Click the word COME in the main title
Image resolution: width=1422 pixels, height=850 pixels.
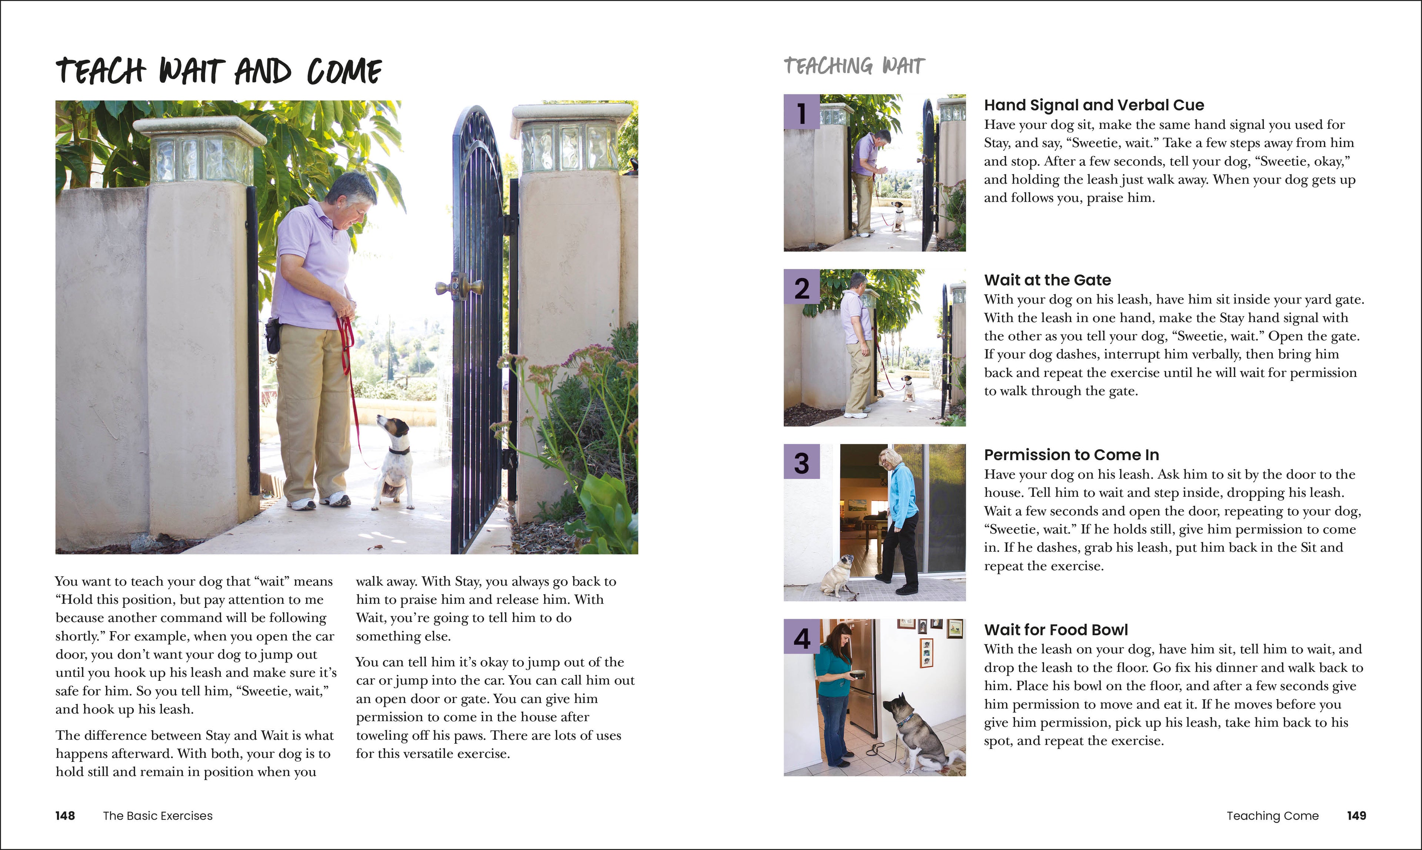click(x=344, y=72)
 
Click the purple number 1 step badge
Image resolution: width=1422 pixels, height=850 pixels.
click(x=801, y=112)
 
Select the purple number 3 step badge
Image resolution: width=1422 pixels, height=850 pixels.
click(x=801, y=462)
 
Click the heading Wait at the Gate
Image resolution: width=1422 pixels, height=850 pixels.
click(x=1047, y=280)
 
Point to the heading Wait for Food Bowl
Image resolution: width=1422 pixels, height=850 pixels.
click(x=1055, y=630)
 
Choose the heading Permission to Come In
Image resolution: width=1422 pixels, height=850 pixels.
click(x=1071, y=455)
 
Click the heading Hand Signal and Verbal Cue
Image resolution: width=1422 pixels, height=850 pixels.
click(x=1094, y=106)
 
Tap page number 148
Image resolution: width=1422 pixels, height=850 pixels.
click(x=65, y=816)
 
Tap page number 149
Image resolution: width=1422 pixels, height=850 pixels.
click(x=1356, y=816)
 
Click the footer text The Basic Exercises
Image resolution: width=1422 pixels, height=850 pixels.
click(x=157, y=816)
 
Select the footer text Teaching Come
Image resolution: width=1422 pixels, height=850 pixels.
click(x=1272, y=816)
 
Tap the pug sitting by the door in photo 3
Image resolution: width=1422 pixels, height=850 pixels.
click(x=834, y=576)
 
